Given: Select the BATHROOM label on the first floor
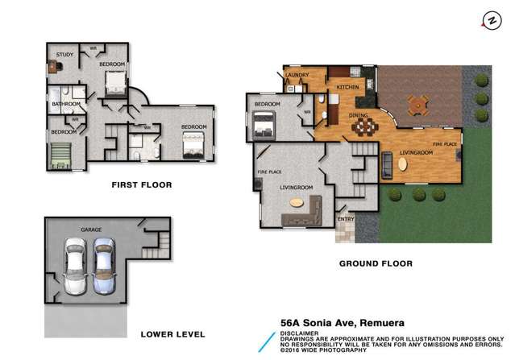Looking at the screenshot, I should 65,104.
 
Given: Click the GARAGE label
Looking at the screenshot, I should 90,230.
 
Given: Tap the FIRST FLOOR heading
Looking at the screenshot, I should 141,184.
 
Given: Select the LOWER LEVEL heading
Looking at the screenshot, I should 172,333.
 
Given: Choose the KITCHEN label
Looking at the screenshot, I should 347,87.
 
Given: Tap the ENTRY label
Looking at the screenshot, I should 346,218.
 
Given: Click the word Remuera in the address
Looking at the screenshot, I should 388,320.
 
